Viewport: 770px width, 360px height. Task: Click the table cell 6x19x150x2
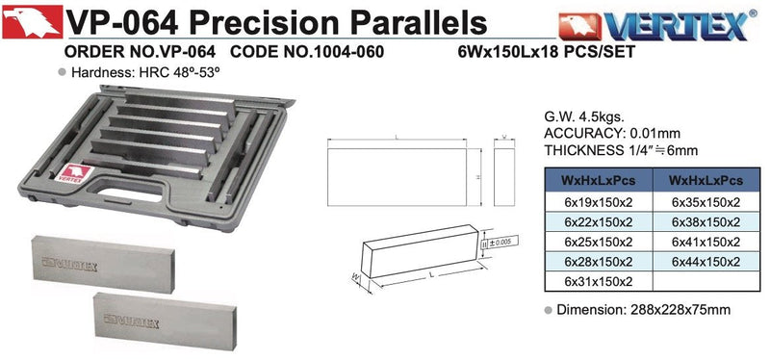point(598,202)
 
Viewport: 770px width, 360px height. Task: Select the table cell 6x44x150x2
point(706,261)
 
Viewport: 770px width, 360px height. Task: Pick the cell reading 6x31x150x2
point(598,281)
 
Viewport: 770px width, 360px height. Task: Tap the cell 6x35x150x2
point(706,202)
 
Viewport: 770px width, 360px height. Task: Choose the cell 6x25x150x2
point(598,242)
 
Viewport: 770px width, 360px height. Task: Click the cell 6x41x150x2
point(706,242)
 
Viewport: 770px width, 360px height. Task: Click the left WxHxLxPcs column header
point(598,180)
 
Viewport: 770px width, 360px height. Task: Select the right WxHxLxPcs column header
point(706,180)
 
